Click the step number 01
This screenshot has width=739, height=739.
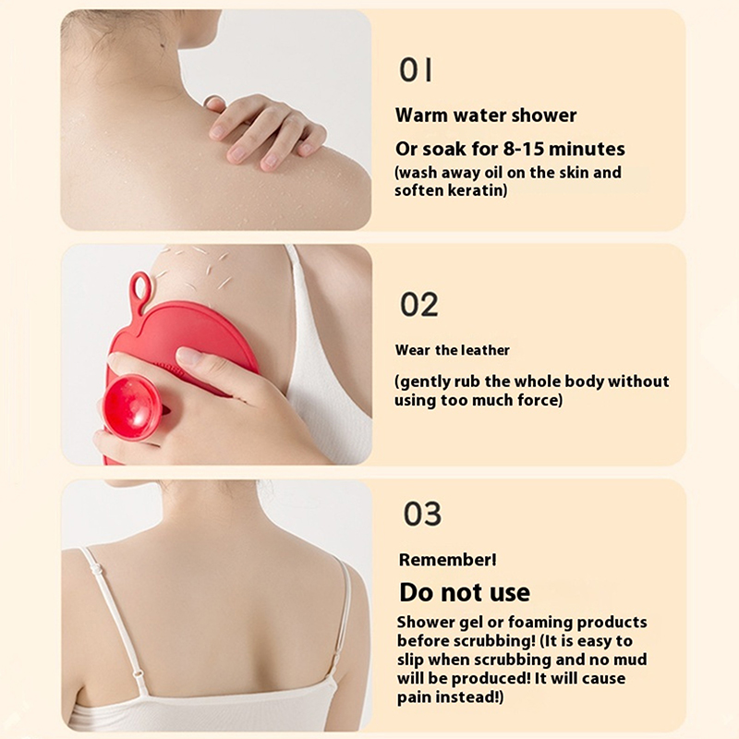pos(415,70)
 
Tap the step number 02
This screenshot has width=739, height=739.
pos(419,305)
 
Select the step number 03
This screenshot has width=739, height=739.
pos(422,514)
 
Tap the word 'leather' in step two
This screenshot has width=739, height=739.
pos(485,350)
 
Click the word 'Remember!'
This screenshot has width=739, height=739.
pos(447,560)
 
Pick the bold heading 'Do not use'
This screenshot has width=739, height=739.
pos(465,592)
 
